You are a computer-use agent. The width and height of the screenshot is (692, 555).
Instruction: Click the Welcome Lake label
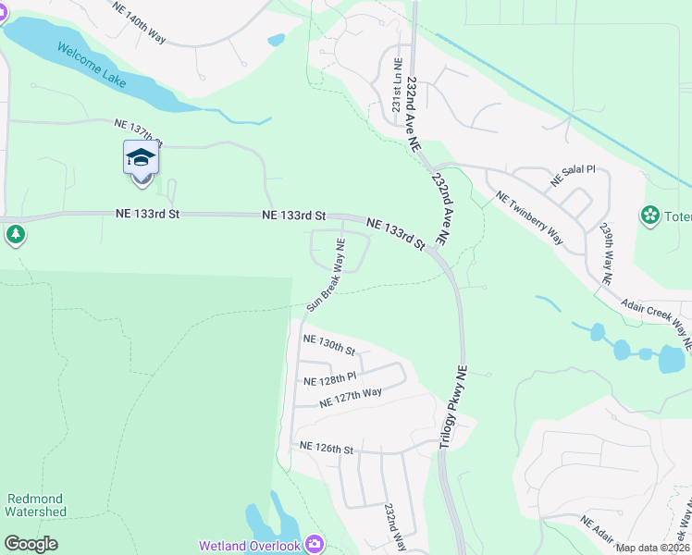pos(91,65)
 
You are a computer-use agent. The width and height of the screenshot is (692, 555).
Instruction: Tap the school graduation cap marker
pos(141,157)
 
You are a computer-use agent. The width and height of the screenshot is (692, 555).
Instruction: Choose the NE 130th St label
pos(330,345)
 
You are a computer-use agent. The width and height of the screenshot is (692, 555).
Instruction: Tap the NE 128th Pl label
pos(330,379)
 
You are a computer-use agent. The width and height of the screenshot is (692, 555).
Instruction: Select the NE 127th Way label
pos(351,398)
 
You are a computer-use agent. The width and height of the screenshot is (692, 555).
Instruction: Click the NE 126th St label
pos(327,448)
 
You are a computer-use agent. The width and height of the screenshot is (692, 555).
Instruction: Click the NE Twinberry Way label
pos(529,217)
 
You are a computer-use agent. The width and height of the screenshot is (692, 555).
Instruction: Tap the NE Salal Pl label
pos(573,177)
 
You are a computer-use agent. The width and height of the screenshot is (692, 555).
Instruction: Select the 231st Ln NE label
pos(397,86)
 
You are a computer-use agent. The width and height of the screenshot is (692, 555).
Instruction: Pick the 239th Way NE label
pos(607,252)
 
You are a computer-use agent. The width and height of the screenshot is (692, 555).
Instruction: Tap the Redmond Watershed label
pos(35,505)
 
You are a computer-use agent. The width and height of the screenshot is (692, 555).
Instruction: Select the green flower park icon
pos(650,216)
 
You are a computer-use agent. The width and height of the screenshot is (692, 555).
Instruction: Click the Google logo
pos(31,544)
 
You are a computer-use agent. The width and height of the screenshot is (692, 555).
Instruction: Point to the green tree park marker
pos(15,235)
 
